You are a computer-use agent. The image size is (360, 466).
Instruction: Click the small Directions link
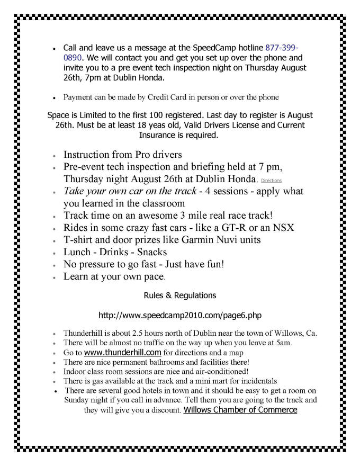271,181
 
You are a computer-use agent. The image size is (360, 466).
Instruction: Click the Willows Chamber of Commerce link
240,410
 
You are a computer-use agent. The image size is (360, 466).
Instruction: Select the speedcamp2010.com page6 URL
179,315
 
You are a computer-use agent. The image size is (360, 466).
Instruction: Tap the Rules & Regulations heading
179,294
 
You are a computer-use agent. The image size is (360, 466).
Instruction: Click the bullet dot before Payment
55,98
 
